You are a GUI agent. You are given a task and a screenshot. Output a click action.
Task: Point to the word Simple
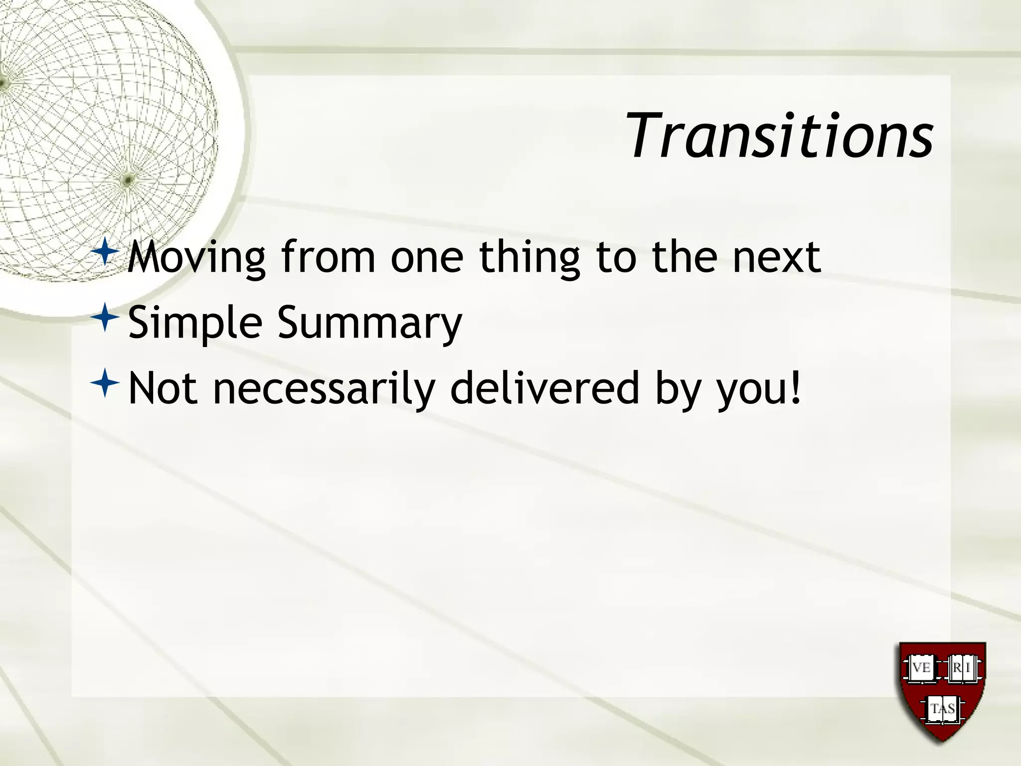click(x=195, y=323)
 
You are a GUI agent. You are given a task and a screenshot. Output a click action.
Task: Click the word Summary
click(x=369, y=323)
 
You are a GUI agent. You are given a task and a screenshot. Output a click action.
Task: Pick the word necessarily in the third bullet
click(x=324, y=389)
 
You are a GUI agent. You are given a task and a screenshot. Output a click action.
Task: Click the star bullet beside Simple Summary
click(x=105, y=317)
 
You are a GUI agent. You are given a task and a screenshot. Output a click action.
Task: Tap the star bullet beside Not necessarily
click(x=105, y=383)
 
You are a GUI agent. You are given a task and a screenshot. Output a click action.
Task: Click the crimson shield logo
click(x=942, y=693)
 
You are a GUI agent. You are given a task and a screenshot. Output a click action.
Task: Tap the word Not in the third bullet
click(x=163, y=389)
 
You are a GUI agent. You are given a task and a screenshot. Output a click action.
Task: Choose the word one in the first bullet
click(x=427, y=258)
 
